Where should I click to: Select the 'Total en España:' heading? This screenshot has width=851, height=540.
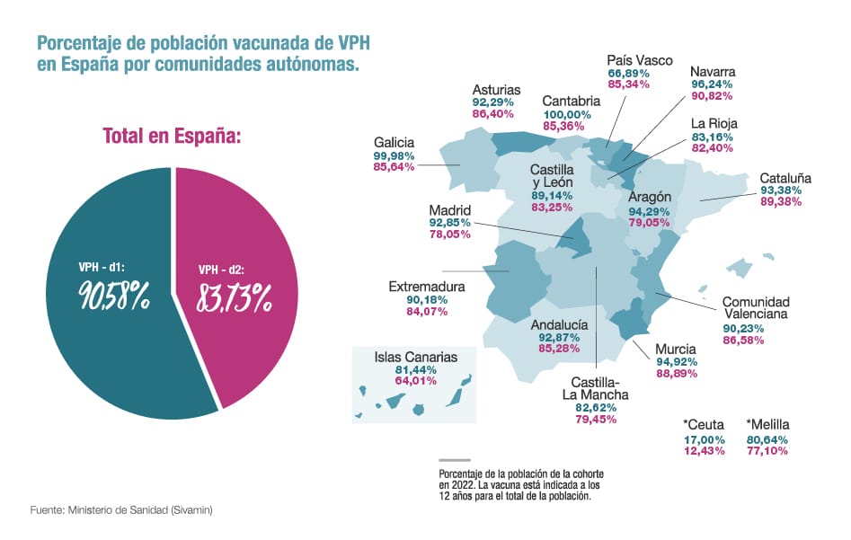tap(173, 137)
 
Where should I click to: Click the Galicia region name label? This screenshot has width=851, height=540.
tap(394, 143)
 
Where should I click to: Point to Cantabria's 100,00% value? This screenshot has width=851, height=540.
tap(566, 114)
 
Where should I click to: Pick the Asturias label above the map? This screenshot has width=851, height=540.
tap(496, 90)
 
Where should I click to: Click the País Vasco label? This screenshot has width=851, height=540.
tap(640, 60)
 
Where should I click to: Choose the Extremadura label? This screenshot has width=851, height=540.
tap(426, 288)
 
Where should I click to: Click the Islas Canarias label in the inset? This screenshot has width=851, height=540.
tap(415, 357)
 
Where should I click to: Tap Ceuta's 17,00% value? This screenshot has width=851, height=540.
tap(704, 439)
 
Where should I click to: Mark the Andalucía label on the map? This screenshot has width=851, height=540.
tap(560, 324)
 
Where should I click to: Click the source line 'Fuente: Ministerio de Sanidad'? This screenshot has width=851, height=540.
tap(121, 509)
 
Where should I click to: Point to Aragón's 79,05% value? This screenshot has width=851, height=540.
tap(649, 222)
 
